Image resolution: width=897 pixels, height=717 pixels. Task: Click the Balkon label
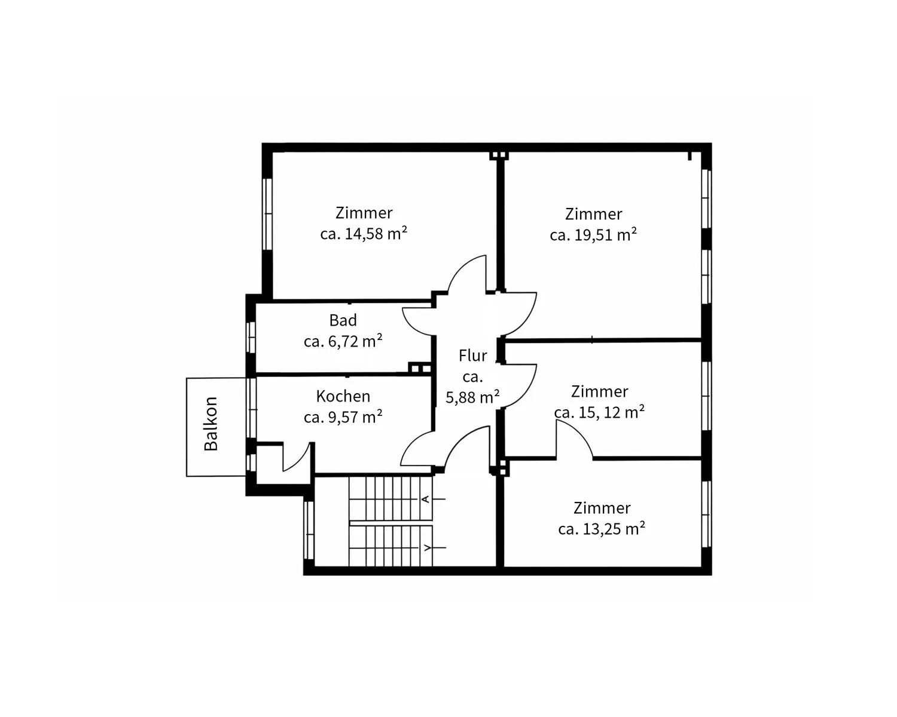(x=211, y=424)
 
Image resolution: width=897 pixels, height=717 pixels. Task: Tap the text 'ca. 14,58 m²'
(x=364, y=233)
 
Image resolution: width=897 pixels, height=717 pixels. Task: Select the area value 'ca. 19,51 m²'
(x=593, y=235)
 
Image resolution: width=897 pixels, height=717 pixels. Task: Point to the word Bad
(x=343, y=320)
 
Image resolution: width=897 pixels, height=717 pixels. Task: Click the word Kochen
(x=343, y=396)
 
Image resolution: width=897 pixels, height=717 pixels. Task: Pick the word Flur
(x=472, y=356)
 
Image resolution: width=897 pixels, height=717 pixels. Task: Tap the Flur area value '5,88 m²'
(x=472, y=397)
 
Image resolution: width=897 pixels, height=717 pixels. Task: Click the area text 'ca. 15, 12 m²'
(x=599, y=412)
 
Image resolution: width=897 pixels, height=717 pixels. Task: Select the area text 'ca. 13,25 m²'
(x=602, y=528)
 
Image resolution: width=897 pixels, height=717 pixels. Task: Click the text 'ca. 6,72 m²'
(x=343, y=341)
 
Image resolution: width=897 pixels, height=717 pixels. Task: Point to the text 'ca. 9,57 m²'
(x=343, y=416)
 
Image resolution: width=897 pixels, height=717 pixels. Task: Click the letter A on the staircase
(x=426, y=499)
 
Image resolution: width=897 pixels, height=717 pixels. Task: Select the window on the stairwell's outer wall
(x=309, y=530)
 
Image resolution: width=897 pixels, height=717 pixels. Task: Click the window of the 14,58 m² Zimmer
(x=267, y=214)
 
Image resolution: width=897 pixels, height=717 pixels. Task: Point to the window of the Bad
(x=251, y=337)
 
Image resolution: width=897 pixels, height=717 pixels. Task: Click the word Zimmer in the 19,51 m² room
(x=594, y=214)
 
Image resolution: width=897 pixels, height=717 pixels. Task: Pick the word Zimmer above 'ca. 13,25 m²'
(x=602, y=507)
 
